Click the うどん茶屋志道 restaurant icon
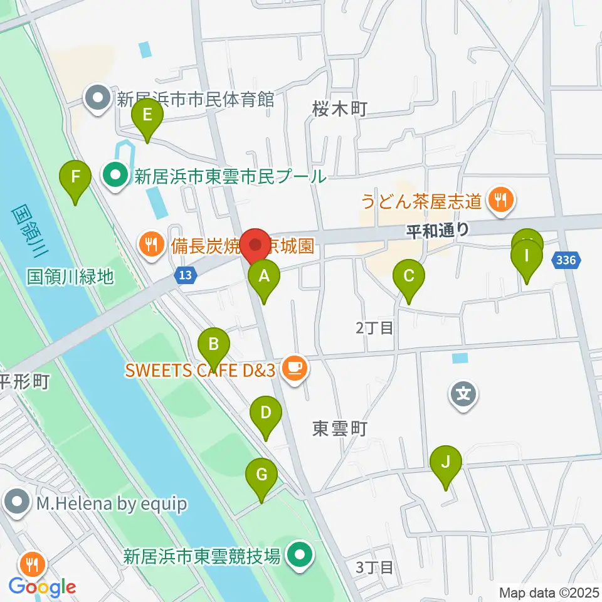(x=501, y=201)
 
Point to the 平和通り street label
(x=437, y=230)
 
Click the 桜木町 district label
(x=339, y=110)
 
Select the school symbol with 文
(x=463, y=394)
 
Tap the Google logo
(x=42, y=587)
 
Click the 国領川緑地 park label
(x=70, y=276)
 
